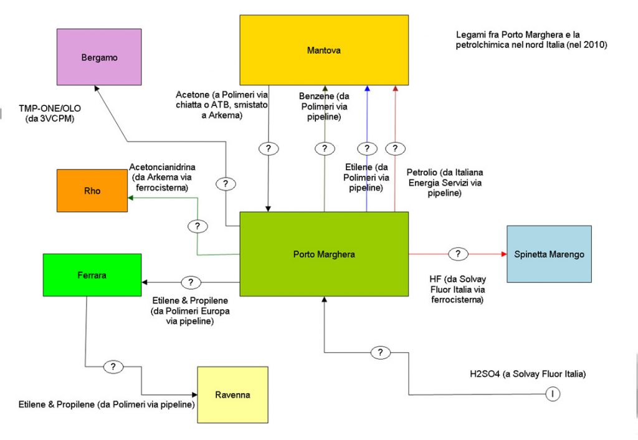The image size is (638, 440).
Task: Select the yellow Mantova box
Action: pyautogui.click(x=324, y=50)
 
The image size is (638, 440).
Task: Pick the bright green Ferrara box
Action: pyautogui.click(x=92, y=275)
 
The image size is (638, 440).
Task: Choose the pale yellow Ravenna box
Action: pyautogui.click(x=232, y=395)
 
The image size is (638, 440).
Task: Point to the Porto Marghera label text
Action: pyautogui.click(x=324, y=254)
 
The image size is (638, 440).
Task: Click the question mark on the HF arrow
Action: pyautogui.click(x=458, y=254)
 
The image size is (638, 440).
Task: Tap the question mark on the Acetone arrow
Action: pyautogui.click(x=269, y=148)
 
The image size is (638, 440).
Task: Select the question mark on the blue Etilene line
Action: pyautogui.click(x=367, y=148)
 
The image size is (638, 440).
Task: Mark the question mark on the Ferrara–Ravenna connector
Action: pyautogui.click(x=113, y=366)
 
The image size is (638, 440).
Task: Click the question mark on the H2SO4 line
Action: pyautogui.click(x=379, y=353)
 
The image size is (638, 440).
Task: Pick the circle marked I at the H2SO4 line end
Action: pyautogui.click(x=552, y=394)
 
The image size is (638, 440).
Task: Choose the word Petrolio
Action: pyautogui.click(x=421, y=171)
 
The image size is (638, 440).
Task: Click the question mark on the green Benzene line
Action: pyautogui.click(x=324, y=148)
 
